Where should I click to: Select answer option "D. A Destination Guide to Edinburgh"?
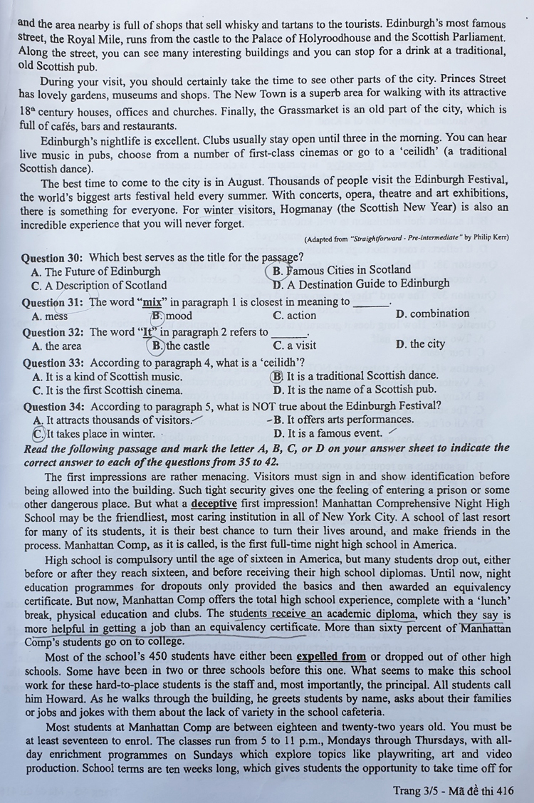tap(361, 284)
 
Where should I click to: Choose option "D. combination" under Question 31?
tap(432, 314)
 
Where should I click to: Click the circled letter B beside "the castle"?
tap(158, 346)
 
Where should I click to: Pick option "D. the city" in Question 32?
tap(420, 344)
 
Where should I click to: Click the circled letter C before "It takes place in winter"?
tap(38, 433)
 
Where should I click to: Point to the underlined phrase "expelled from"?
tap(331, 656)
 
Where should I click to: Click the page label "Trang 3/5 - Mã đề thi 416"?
tap(452, 790)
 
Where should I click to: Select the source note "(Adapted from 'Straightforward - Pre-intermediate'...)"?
tap(405, 239)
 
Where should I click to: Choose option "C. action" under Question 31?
tap(294, 315)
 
